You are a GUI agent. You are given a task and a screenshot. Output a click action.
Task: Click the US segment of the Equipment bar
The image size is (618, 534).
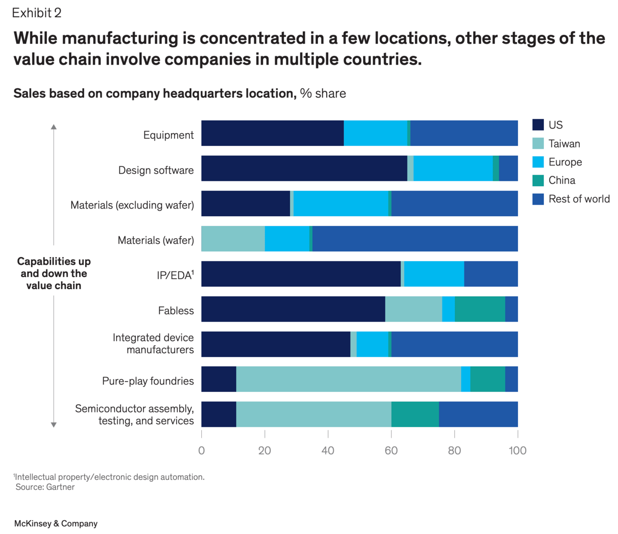coord(272,133)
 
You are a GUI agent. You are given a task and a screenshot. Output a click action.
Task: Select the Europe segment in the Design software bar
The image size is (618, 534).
coord(453,168)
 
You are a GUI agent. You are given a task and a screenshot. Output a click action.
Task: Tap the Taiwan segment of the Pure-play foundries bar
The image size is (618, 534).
coord(348,379)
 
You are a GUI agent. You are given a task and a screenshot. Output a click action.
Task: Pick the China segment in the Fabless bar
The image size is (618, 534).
coord(480,309)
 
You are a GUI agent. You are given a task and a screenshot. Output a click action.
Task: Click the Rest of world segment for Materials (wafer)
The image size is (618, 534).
coord(415,238)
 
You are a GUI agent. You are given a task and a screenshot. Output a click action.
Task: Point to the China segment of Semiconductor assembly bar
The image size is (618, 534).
coord(415,414)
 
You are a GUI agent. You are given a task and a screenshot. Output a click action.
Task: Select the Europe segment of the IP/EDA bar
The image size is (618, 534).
coord(434,274)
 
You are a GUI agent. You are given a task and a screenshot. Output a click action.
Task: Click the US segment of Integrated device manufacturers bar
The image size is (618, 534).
coord(276,344)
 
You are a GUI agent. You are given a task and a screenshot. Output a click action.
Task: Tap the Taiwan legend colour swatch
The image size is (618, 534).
coord(538,144)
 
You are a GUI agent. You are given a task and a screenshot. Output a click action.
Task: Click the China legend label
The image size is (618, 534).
coord(562,180)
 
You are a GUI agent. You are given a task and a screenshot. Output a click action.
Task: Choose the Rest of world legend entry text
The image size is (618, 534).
coord(579,199)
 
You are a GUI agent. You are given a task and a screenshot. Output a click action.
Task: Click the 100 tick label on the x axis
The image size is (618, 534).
coord(518,450)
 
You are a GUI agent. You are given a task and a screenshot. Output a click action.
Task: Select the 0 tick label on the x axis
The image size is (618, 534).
coord(201,450)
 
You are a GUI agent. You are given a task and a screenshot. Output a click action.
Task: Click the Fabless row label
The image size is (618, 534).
coord(176,311)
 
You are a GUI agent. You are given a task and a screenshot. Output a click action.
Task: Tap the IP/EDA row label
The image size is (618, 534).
coord(175,275)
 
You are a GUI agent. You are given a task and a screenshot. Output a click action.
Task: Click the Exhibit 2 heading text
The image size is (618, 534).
coord(37,13)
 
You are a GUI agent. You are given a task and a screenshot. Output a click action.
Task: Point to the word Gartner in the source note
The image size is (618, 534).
coord(60,487)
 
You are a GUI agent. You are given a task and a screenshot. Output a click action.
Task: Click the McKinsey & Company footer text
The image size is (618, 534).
coord(55,523)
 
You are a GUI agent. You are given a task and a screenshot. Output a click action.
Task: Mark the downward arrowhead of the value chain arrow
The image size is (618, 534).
coord(54,424)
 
